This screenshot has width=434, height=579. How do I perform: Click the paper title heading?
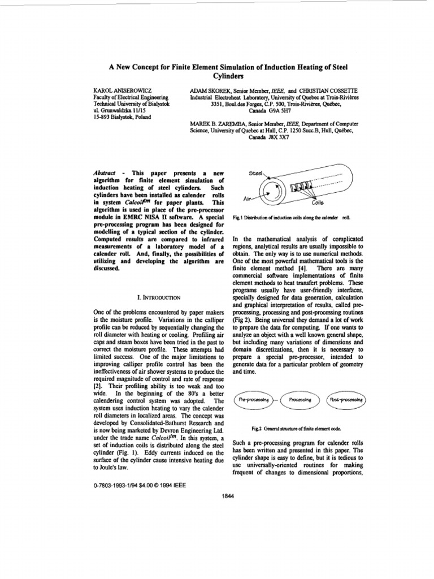click(228, 71)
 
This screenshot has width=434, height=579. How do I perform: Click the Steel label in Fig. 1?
click(257, 174)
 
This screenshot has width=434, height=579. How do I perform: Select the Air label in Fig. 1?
click(246, 199)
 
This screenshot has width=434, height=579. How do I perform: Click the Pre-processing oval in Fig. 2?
click(253, 400)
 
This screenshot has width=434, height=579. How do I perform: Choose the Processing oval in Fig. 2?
click(300, 400)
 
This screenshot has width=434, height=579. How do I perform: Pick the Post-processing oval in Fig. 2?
click(346, 400)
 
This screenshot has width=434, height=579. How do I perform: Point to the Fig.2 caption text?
click(300, 430)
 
